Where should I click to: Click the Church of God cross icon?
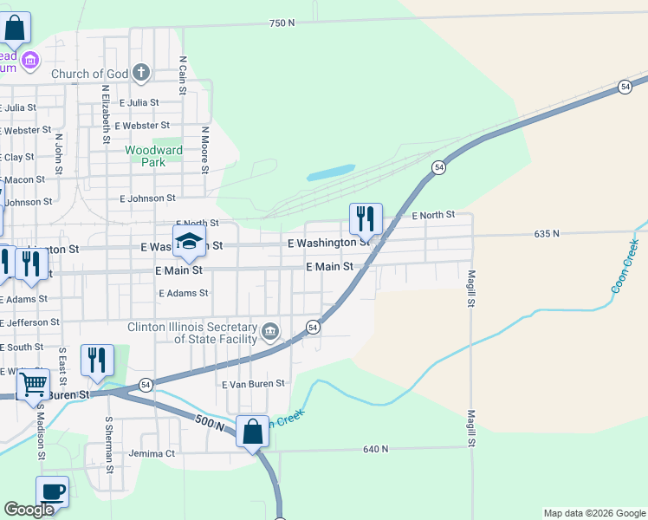coord(142,73)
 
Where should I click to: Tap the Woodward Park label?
coord(153,156)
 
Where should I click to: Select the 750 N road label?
coord(282,23)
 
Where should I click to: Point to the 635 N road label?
coord(548,233)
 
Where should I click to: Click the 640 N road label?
coord(376,448)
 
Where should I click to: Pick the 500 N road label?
coord(210,425)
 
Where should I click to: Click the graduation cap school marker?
coord(189,243)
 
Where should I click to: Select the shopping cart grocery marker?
coord(33,383)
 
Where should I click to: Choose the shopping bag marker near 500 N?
coord(252,431)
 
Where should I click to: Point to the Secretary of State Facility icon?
coord(270,330)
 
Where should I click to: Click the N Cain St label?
coord(183,76)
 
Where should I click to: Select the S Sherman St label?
coord(109,445)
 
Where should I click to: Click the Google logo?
coord(29,510)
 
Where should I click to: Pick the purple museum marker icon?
coord(30,60)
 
